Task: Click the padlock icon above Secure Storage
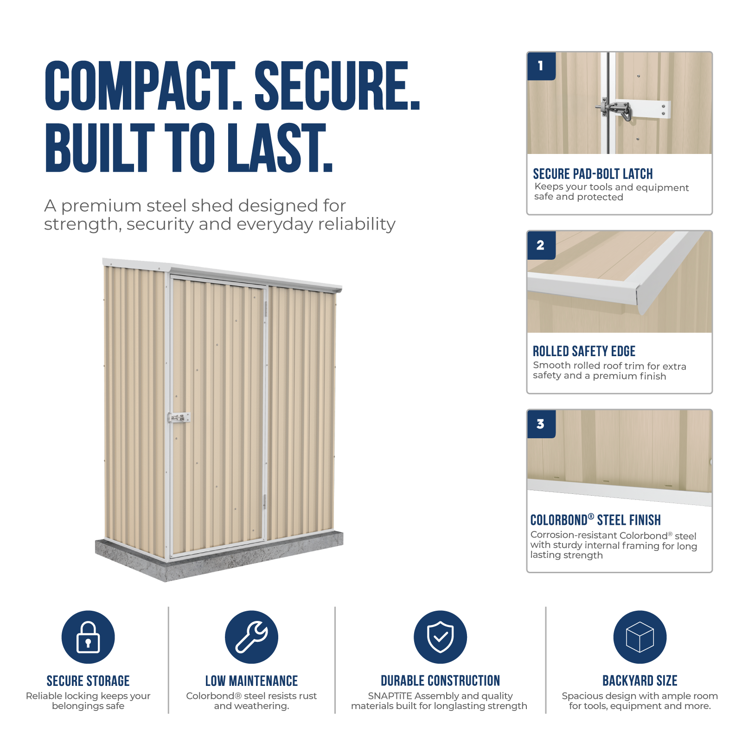[x=88, y=637]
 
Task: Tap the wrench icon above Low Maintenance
[x=251, y=637]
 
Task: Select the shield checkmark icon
[x=440, y=637]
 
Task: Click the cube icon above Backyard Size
[x=640, y=637]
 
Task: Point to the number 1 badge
[x=541, y=66]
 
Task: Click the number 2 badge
[x=541, y=245]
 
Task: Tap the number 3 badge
[x=541, y=424]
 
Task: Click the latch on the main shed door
[x=179, y=418]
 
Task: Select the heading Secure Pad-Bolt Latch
[x=593, y=174]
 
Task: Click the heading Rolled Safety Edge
[x=584, y=351]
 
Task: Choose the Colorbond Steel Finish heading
[x=595, y=520]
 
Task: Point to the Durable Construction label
[x=440, y=681]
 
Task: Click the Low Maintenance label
[x=251, y=681]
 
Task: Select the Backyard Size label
[x=640, y=681]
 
